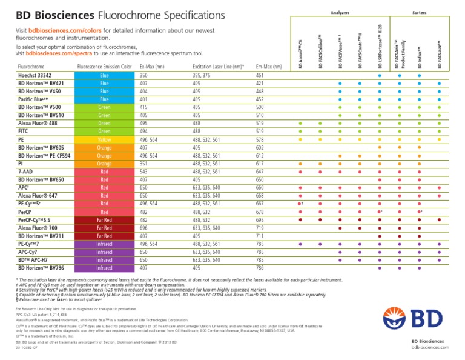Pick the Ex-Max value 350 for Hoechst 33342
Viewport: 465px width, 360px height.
143,75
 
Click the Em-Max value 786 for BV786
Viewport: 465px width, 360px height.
261,267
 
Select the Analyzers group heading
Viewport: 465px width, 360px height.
341,12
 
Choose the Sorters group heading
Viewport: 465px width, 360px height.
419,12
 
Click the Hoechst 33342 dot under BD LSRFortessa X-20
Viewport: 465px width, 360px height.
379,76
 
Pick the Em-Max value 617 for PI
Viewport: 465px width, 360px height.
261,164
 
